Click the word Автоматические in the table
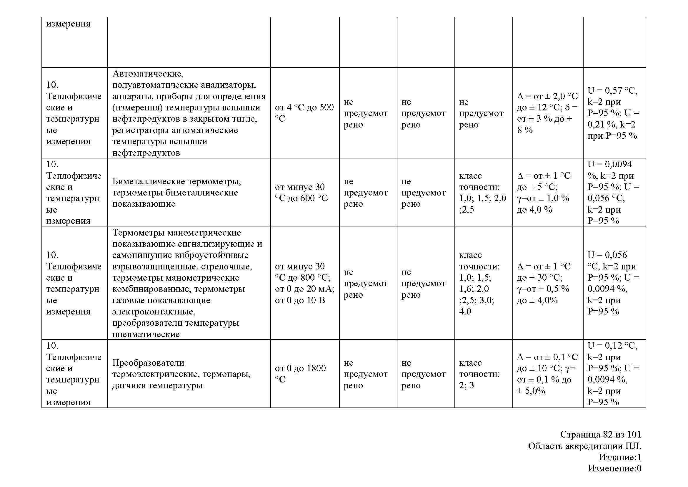click(148, 74)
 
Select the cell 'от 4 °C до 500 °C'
click(304, 113)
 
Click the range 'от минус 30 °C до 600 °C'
click(301, 192)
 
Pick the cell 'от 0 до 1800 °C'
click(300, 374)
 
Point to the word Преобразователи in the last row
click(148, 362)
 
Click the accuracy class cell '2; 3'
click(467, 385)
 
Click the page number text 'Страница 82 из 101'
click(601, 434)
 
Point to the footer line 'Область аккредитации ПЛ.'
click(584, 446)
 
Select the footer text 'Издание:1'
click(620, 457)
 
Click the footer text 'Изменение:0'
click(614, 468)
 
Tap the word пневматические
click(146, 334)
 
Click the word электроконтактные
click(154, 312)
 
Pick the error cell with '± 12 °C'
click(547, 113)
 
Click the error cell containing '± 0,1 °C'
click(547, 374)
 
